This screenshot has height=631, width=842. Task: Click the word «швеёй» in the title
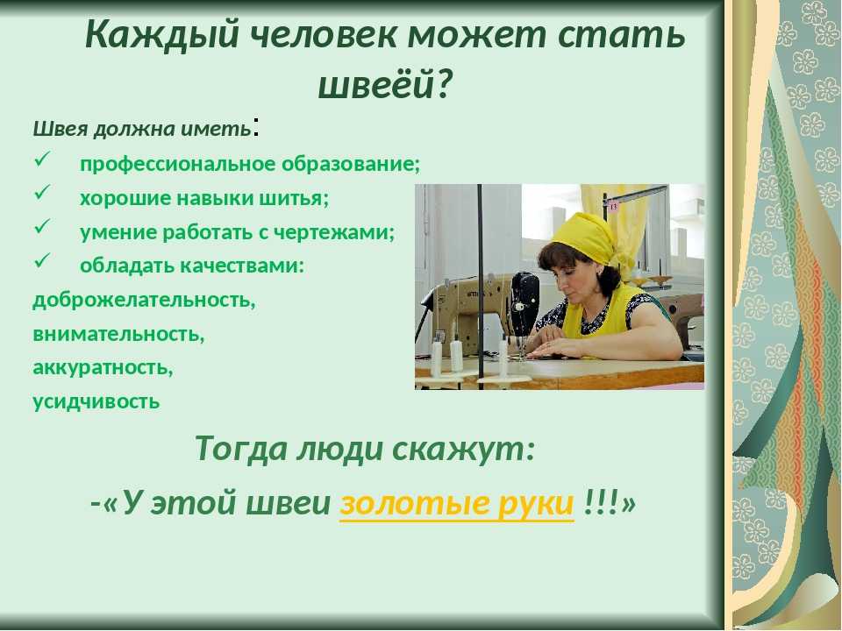point(376,85)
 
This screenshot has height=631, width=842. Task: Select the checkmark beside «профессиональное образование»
point(42,160)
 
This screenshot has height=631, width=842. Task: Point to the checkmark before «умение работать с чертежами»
point(42,228)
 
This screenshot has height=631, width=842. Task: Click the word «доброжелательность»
point(144,300)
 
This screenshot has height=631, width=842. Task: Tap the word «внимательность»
point(118,333)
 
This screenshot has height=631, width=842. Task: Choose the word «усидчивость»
point(96,401)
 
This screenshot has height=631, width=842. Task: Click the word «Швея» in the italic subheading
point(61,129)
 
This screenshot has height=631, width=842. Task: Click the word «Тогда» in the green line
point(241,449)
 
